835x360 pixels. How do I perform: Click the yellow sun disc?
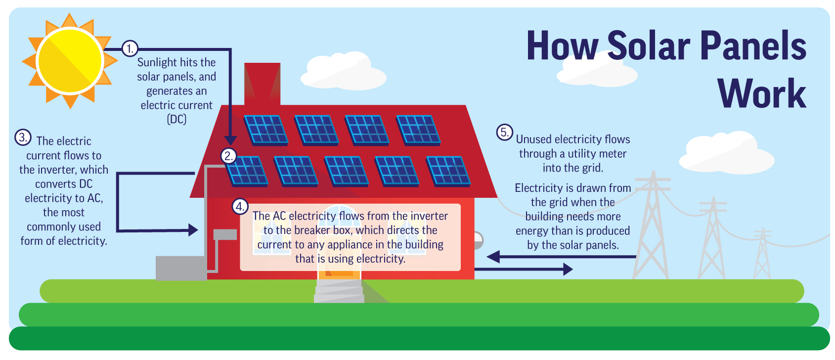pyautogui.click(x=70, y=61)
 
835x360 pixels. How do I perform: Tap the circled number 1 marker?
pyautogui.click(x=130, y=48)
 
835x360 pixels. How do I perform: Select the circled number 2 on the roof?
pyautogui.click(x=228, y=156)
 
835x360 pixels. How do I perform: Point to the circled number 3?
pyautogui.click(x=23, y=137)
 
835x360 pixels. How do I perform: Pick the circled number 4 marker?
pyautogui.click(x=240, y=207)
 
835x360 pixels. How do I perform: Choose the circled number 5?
pyautogui.click(x=504, y=133)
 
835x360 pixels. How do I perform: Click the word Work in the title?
pyautogui.click(x=761, y=94)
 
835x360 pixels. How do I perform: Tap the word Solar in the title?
pyautogui.click(x=649, y=46)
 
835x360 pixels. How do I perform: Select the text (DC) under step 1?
pyautogui.click(x=176, y=120)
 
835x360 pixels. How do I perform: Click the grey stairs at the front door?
pyautogui.click(x=339, y=291)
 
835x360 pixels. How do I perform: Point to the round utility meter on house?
pyautogui.click(x=478, y=241)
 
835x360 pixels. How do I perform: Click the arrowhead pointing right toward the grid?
pyautogui.click(x=568, y=270)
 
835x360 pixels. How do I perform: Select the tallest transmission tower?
pyautogui.click(x=653, y=227)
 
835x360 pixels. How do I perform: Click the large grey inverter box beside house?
pyautogui.click(x=181, y=268)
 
